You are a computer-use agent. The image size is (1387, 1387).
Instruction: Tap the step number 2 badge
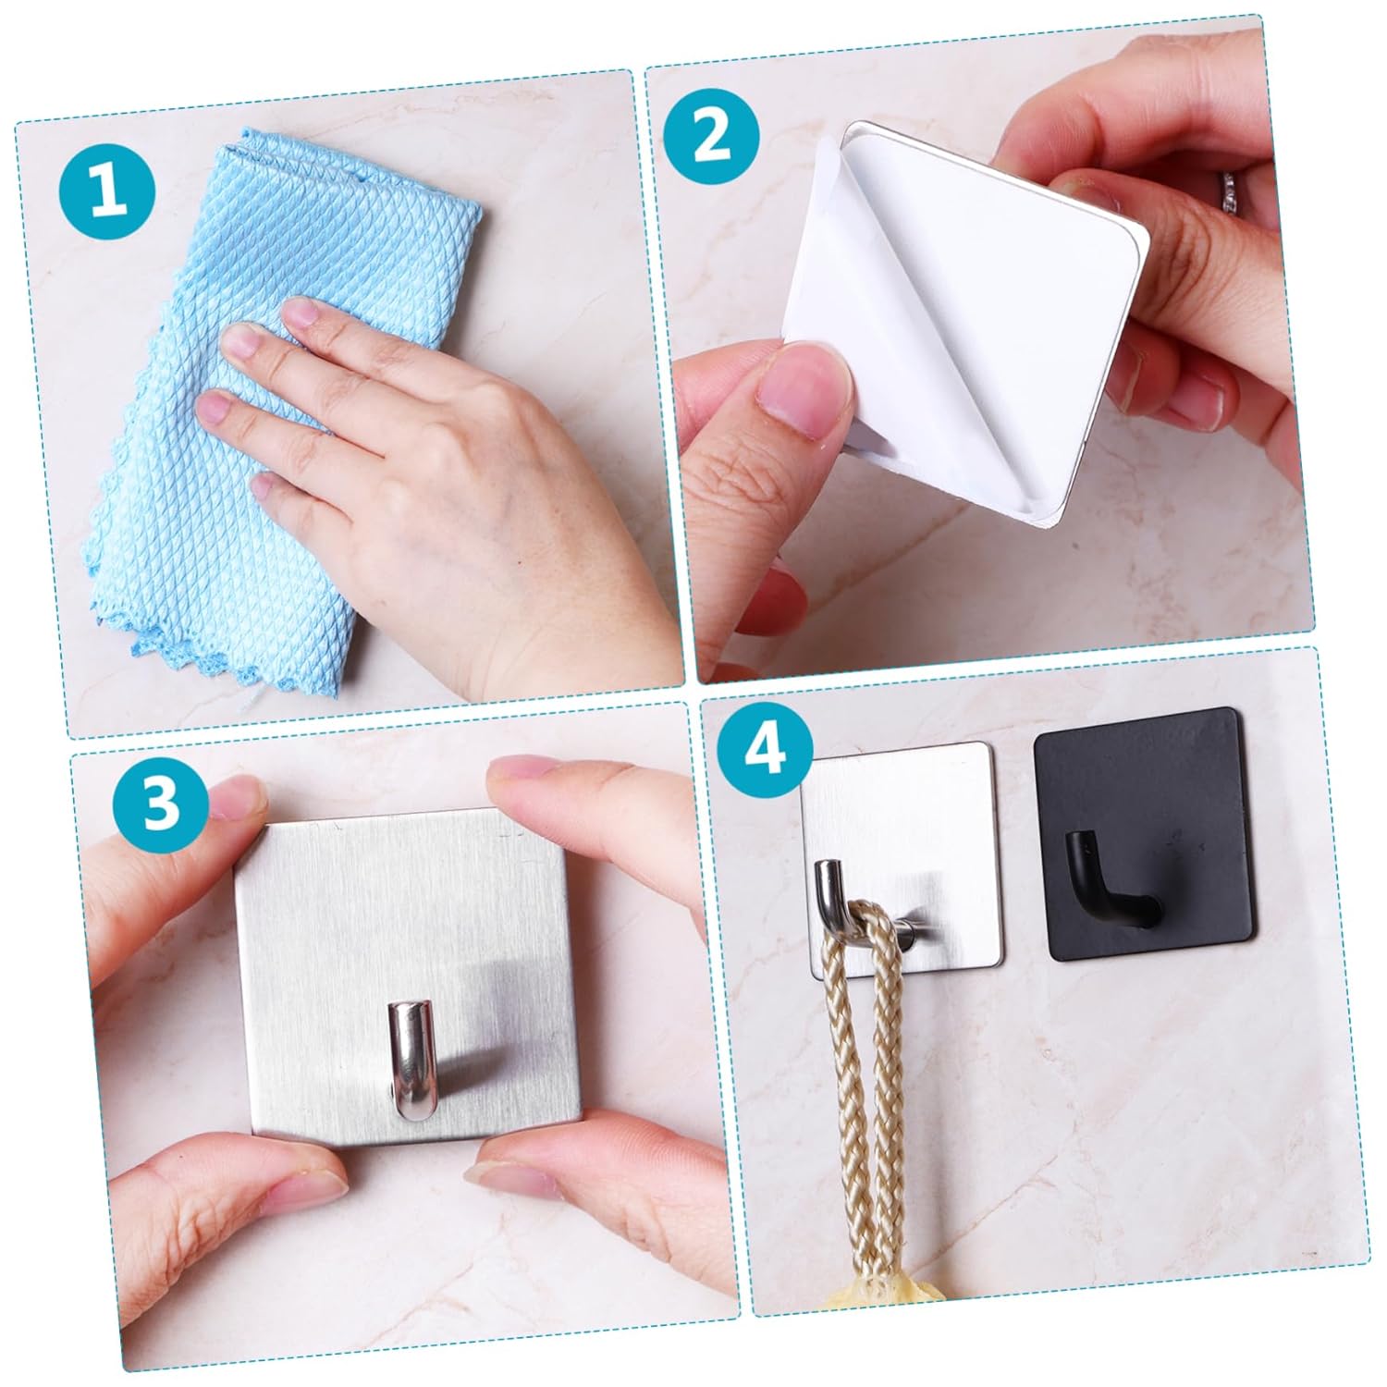tap(711, 138)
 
